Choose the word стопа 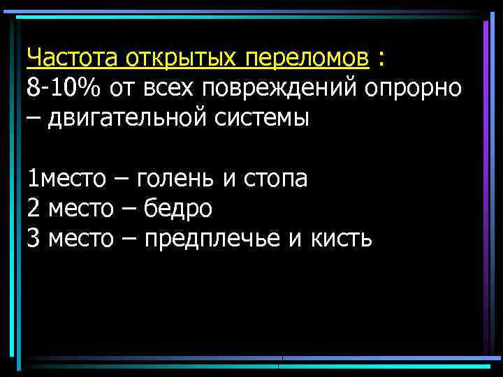point(275,179)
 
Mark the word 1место point(66,179)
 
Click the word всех point(191,89)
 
